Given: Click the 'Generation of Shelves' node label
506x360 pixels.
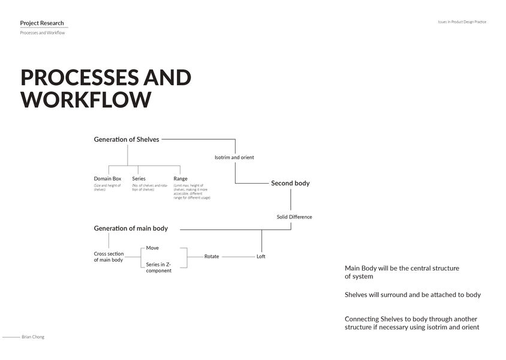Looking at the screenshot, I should pyautogui.click(x=126, y=139).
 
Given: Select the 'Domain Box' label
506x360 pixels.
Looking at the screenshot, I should pyautogui.click(x=107, y=179).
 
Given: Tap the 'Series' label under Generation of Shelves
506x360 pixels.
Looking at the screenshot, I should pyautogui.click(x=138, y=179).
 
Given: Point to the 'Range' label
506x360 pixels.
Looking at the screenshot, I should pyautogui.click(x=180, y=179).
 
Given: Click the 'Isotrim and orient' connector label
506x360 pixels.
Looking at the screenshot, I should pyautogui.click(x=234, y=158).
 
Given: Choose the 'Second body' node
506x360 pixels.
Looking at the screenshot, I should pyautogui.click(x=290, y=183).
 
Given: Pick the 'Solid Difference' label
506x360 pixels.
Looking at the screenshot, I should pyautogui.click(x=294, y=217).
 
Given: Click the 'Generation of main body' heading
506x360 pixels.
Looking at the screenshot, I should pyautogui.click(x=131, y=229).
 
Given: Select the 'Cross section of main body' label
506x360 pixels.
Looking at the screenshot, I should pyautogui.click(x=109, y=257).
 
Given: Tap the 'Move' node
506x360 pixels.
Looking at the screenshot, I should pyautogui.click(x=152, y=248).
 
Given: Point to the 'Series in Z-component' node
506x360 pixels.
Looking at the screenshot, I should pyautogui.click(x=158, y=268).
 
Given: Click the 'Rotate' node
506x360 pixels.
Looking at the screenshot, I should pyautogui.click(x=212, y=257).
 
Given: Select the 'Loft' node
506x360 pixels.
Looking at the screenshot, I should pyautogui.click(x=261, y=257).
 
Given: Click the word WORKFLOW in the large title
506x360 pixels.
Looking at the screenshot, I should pyautogui.click(x=86, y=99).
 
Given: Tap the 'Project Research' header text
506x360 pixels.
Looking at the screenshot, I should pyautogui.click(x=42, y=23).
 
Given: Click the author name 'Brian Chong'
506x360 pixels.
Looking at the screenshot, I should pyautogui.click(x=33, y=337).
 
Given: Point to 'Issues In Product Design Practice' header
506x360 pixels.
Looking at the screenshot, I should pyautogui.click(x=462, y=22).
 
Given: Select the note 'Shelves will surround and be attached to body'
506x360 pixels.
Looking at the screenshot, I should pyautogui.click(x=412, y=295).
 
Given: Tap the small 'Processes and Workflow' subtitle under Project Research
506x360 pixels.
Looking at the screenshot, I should pyautogui.click(x=42, y=33).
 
